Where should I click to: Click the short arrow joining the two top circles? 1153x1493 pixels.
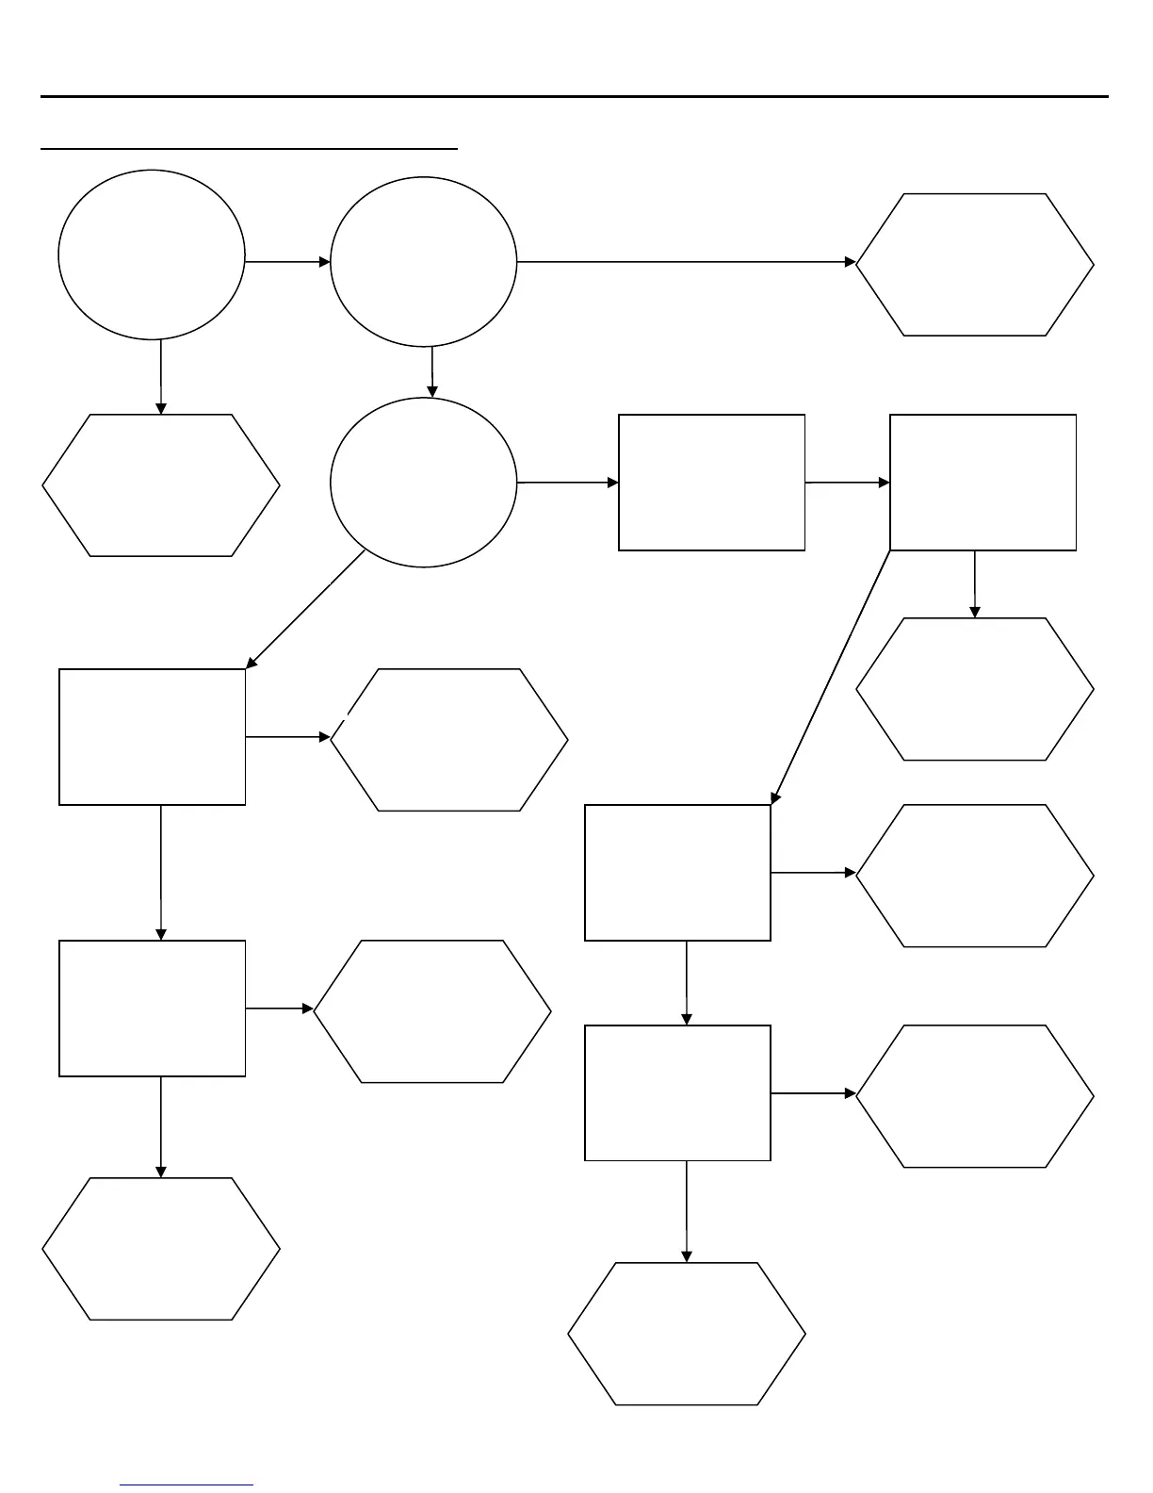point(287,261)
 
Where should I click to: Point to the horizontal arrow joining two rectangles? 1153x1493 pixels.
point(847,483)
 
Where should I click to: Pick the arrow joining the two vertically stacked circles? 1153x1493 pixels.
point(432,371)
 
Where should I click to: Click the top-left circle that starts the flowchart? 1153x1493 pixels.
point(152,254)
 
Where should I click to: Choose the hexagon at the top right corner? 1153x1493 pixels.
point(975,265)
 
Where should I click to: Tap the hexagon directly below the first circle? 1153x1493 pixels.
point(161,485)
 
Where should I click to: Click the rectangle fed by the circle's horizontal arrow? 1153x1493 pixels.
point(711,483)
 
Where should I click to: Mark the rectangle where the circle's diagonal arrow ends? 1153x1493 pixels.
point(153,737)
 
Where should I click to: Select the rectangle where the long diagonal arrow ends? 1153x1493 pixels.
point(677,873)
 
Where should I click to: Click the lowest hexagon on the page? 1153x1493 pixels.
point(687,1334)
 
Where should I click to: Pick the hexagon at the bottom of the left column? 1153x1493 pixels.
point(161,1249)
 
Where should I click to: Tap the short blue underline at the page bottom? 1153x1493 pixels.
point(187,1485)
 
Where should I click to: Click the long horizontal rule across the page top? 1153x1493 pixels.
point(575,96)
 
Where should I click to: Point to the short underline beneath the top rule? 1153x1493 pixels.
point(250,148)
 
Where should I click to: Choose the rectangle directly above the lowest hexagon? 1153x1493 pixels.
point(677,1093)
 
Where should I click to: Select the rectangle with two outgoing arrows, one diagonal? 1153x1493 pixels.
point(982,483)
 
